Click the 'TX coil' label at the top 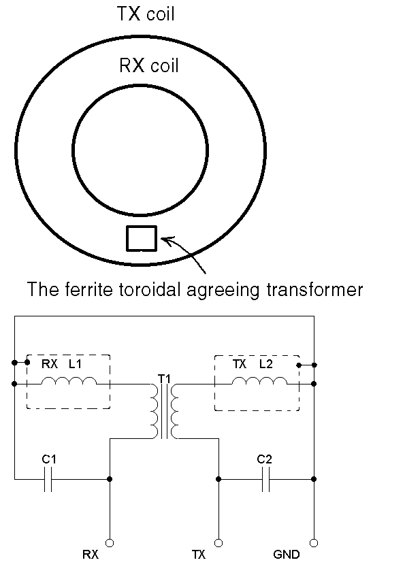click(x=146, y=14)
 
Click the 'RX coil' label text click(x=149, y=66)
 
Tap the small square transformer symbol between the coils click(x=142, y=239)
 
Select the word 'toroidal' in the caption click(x=150, y=289)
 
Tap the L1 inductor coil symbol click(x=69, y=381)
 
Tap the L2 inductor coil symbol click(x=259, y=381)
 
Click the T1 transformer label click(x=165, y=378)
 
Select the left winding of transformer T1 click(x=155, y=410)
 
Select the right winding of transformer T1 click(x=175, y=410)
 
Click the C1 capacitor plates click(x=48, y=478)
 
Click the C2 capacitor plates click(x=266, y=478)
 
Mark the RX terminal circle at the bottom click(x=110, y=543)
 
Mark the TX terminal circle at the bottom click(x=218, y=543)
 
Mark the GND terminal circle click(x=314, y=543)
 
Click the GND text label click(x=287, y=555)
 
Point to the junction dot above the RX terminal click(x=110, y=478)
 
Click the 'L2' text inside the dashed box click(x=266, y=364)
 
